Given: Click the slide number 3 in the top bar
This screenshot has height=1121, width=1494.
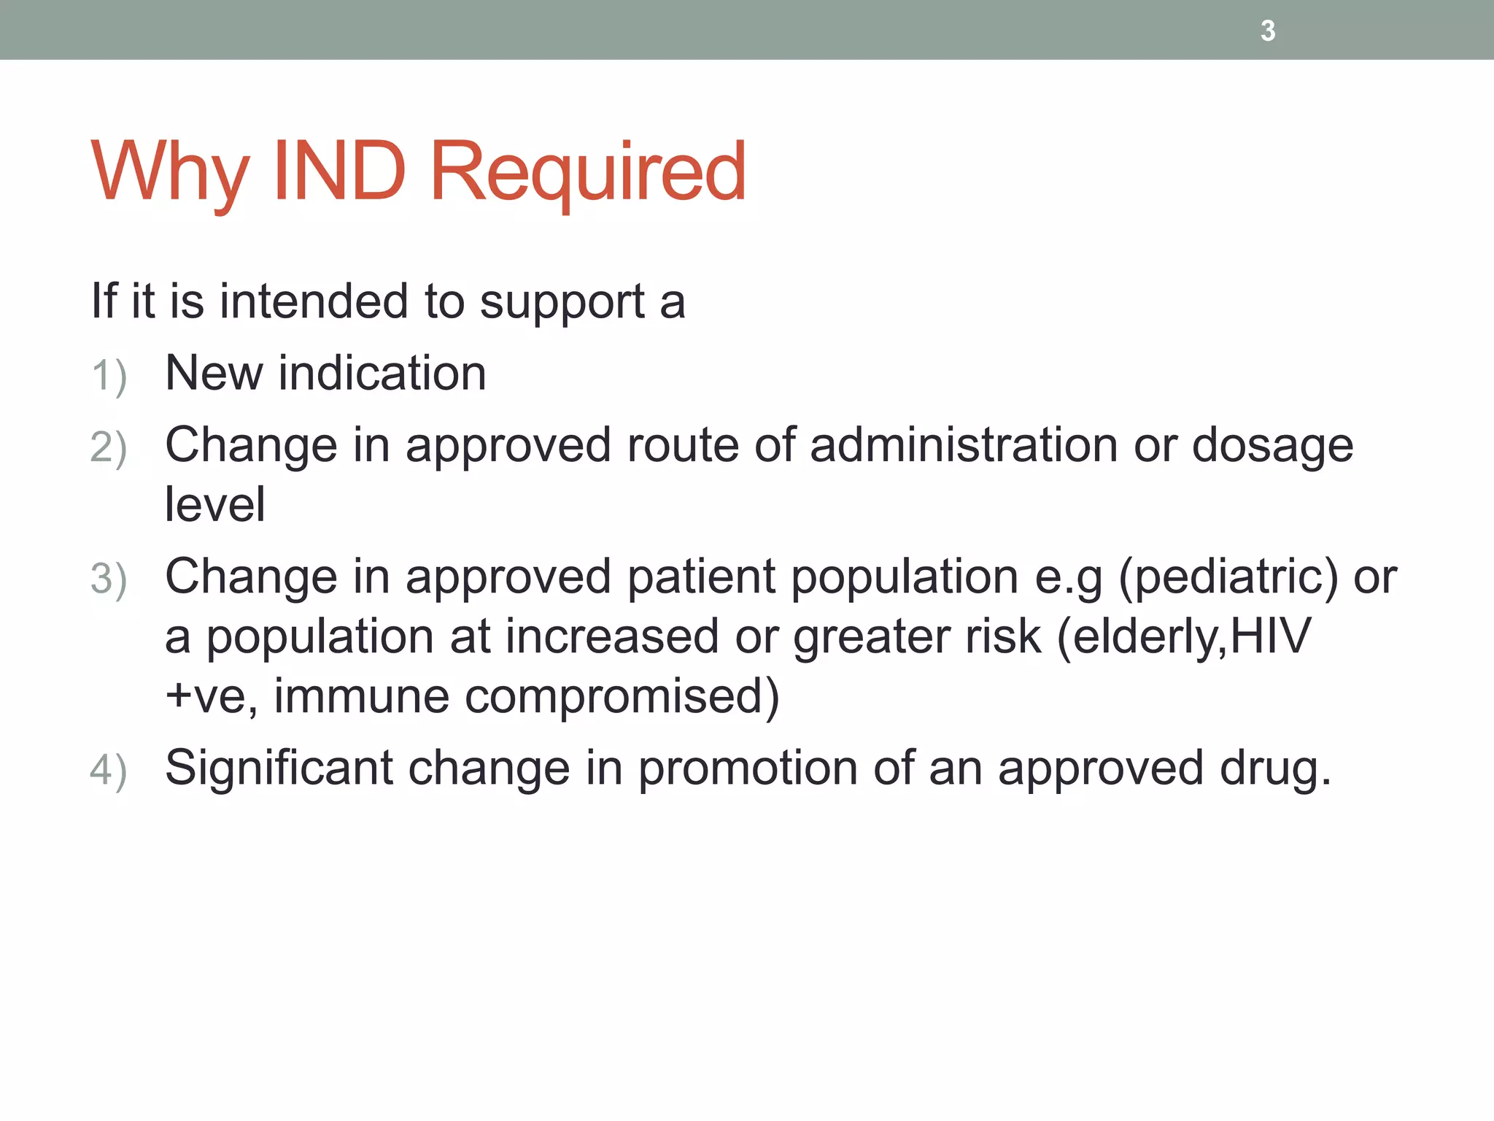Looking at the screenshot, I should pos(1268,31).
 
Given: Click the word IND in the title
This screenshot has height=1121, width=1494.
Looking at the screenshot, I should pos(338,172).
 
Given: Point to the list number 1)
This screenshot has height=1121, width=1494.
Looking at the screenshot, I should pos(109,377).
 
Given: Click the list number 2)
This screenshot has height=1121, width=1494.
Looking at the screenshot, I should pos(109,447).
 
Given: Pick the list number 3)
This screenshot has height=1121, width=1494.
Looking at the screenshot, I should pos(109,579).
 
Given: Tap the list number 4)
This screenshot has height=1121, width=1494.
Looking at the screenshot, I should pos(109,771).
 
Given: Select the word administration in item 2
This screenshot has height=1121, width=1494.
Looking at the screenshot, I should pos(963,445).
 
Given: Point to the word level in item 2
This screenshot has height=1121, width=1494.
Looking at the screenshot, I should pos(214,504).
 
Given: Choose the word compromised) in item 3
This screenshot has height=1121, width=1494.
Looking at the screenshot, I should pos(622,696).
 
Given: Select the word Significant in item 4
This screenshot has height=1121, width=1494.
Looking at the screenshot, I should pos(279,768).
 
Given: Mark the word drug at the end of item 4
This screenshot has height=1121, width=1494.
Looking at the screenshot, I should pos(1274,769).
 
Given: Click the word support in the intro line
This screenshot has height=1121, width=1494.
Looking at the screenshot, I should pos(562,302).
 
